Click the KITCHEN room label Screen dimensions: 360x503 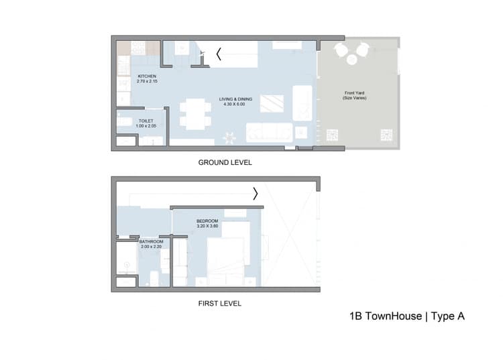(147, 76)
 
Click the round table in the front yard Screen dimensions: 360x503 (352, 60)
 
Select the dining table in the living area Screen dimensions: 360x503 (195, 113)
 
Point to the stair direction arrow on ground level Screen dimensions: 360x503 (218, 54)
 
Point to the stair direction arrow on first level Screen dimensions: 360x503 (255, 194)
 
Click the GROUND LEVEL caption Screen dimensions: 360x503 (225, 163)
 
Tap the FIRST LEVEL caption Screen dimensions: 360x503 (219, 304)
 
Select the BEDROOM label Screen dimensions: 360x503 (207, 221)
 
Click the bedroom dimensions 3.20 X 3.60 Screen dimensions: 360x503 (207, 227)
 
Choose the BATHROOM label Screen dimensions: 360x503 (151, 241)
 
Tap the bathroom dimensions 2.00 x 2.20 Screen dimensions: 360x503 (151, 247)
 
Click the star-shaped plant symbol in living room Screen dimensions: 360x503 (229, 137)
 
